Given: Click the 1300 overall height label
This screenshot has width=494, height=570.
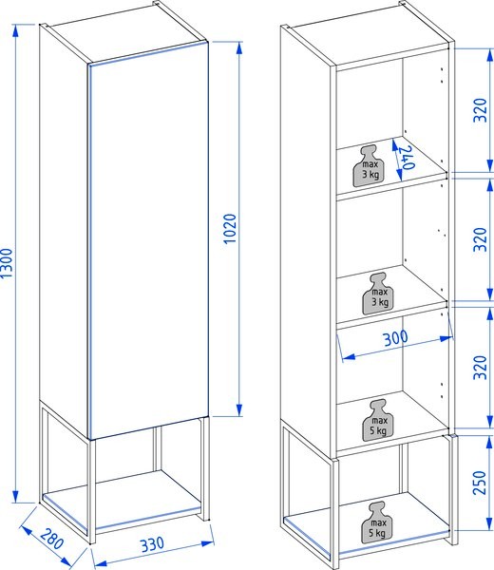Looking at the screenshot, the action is point(7,263).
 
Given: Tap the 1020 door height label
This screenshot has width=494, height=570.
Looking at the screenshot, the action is point(230,229).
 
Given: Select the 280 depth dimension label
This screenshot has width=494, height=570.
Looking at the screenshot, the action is point(51,539).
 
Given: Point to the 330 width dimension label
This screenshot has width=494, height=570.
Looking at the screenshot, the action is point(152,544).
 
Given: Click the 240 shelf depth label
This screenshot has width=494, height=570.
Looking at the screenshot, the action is point(408,158).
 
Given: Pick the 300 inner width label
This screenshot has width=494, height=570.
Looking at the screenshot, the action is point(395,338).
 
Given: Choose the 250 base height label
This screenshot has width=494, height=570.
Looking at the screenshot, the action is point(480,483).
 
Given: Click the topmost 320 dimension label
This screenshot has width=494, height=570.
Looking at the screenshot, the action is point(480,110).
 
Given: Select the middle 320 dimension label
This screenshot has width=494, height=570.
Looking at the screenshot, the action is point(480,239).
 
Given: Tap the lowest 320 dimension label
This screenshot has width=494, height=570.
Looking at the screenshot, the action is point(480,368).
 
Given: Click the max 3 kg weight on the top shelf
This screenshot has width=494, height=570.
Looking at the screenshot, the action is point(369,166).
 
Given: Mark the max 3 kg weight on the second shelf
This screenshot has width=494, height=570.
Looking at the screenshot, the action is point(378,294).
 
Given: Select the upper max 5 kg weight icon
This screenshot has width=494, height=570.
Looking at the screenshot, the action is point(378,421).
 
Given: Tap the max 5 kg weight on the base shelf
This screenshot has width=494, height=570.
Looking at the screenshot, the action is point(377,522).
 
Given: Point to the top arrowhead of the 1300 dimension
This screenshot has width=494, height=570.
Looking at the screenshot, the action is point(15,30).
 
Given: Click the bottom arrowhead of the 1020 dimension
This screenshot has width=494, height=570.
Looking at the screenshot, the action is point(239,409).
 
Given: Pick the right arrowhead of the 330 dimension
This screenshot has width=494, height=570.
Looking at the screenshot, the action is point(207,543).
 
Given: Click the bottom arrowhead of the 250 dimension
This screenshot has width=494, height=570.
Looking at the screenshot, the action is point(489,523).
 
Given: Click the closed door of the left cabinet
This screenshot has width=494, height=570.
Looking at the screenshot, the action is point(149,240).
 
